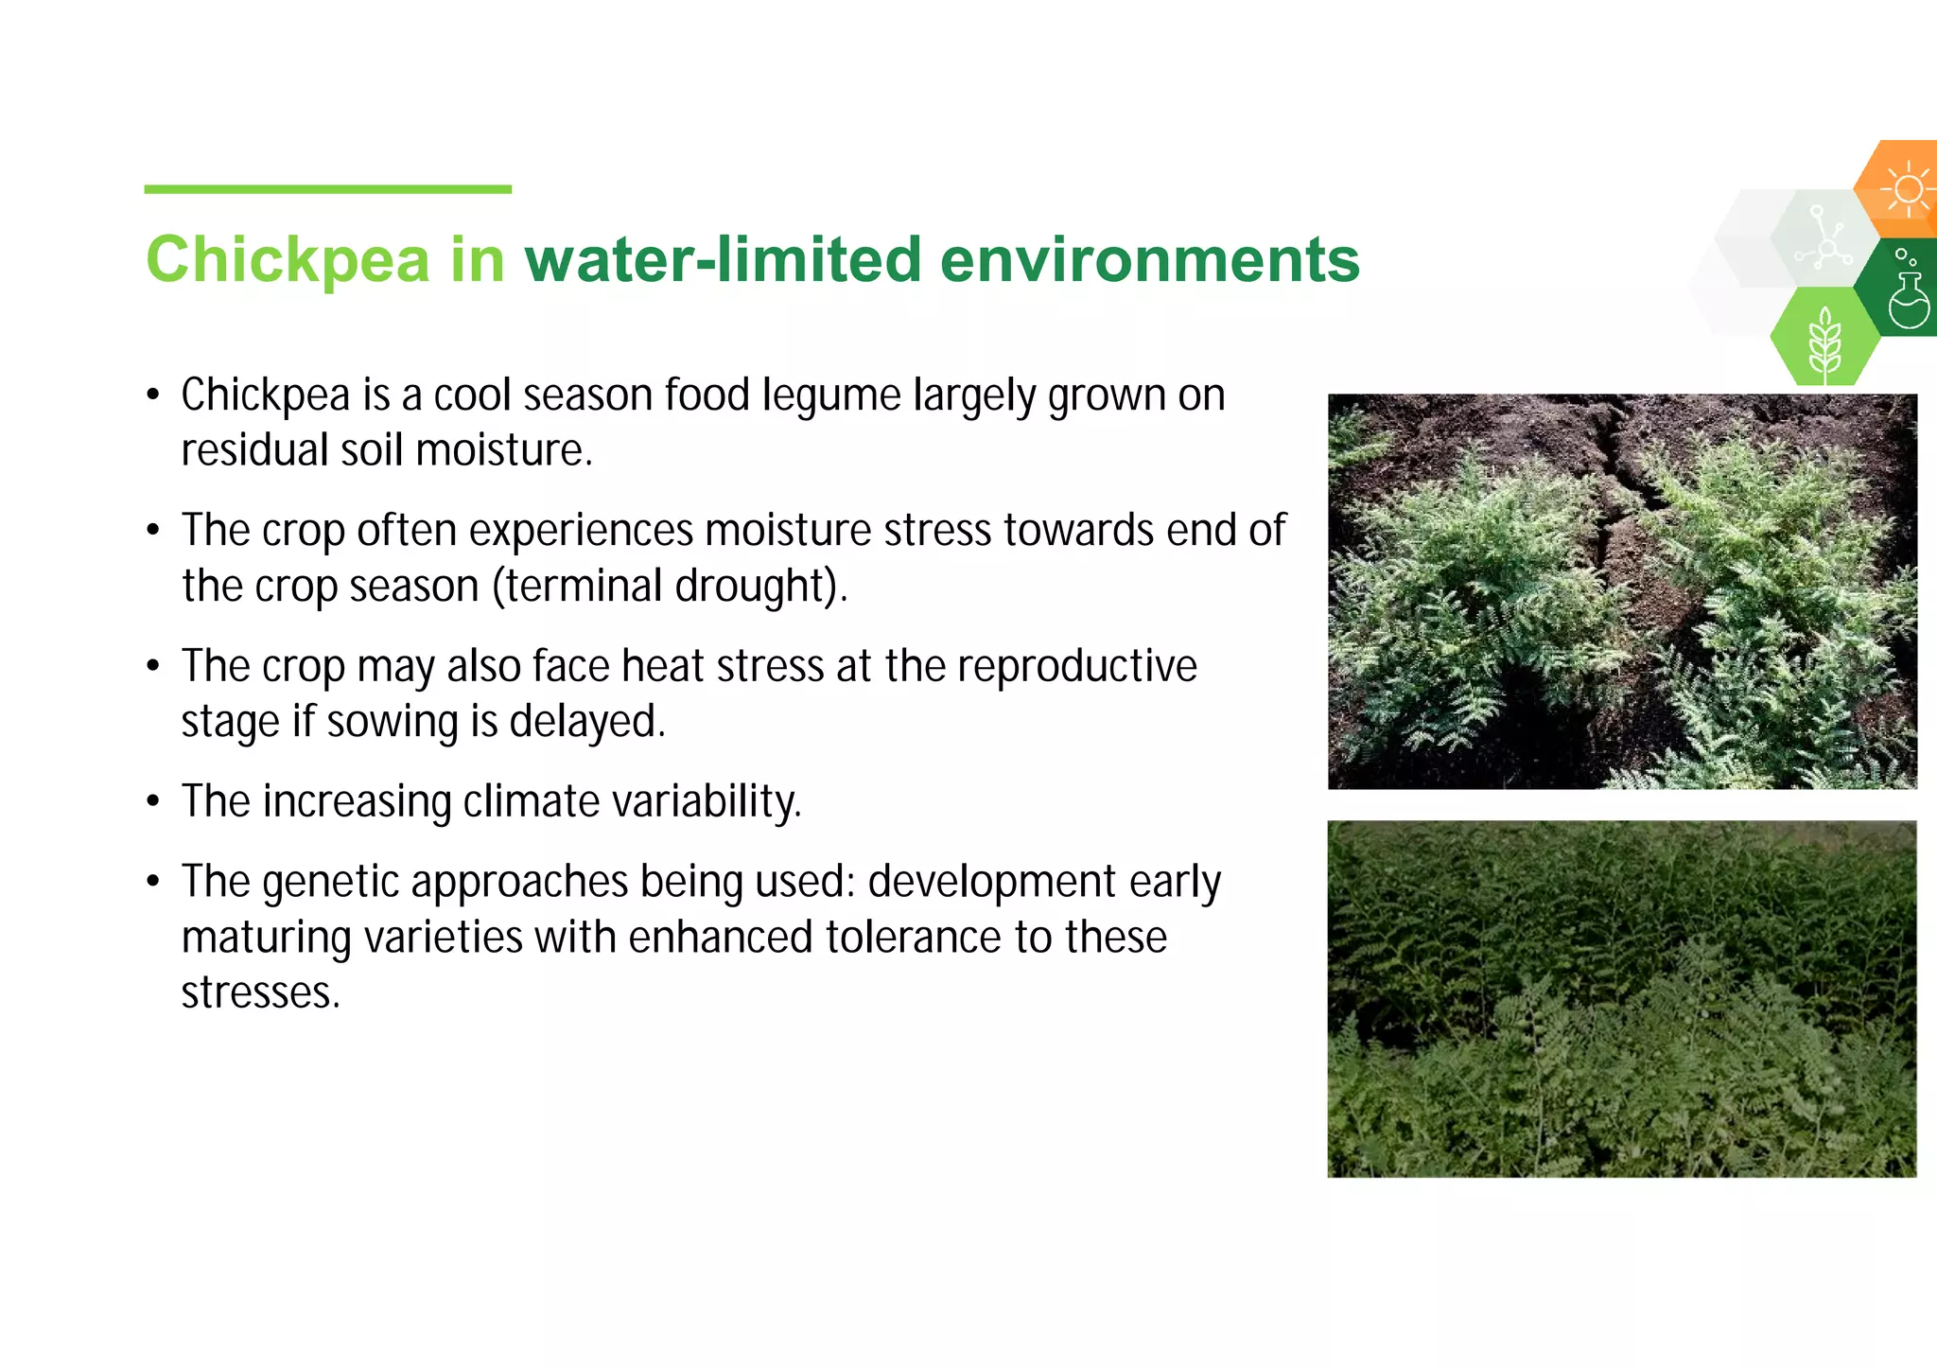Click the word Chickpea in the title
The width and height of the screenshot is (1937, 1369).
point(288,259)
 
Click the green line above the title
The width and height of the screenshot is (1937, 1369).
point(327,189)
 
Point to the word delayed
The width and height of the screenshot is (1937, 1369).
point(586,722)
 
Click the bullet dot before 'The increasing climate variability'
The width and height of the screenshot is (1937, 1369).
point(153,802)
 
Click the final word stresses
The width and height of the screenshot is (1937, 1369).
point(260,993)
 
